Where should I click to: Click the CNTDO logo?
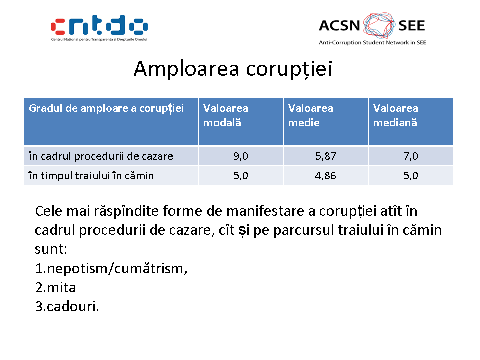[99, 28]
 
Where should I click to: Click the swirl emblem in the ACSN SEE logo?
[379, 25]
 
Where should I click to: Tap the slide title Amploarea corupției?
[233, 69]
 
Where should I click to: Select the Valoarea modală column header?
[226, 115]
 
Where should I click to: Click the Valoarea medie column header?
[310, 115]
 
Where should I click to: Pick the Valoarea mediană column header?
[396, 115]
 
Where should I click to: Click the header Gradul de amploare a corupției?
[106, 108]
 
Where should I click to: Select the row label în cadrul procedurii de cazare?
[101, 156]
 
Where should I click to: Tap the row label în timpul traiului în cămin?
[91, 176]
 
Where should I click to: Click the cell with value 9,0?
[241, 156]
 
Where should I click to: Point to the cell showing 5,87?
[325, 156]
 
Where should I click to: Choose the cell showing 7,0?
[411, 156]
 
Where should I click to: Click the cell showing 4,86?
[325, 176]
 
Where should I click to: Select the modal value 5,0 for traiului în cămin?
[241, 176]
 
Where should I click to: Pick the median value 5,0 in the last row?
[411, 176]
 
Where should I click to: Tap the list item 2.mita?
[55, 288]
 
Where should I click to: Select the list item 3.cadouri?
[67, 306]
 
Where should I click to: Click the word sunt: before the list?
[51, 249]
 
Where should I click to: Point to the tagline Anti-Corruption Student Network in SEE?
[373, 43]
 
